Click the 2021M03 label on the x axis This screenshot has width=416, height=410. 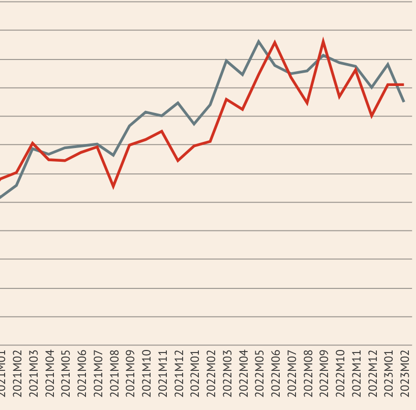point(34,373)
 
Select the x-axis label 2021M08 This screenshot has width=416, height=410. point(114,373)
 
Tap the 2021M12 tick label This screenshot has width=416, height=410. point(179,373)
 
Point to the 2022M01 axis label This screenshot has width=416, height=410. point(195,373)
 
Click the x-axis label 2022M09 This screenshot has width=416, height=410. point(324,373)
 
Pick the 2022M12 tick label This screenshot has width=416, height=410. point(373,373)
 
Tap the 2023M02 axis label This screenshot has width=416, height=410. point(405,373)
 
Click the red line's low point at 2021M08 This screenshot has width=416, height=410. point(113,186)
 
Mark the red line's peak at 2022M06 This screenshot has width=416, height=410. point(275,43)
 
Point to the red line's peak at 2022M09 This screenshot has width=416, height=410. point(323,41)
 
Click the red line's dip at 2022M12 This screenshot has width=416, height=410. point(372,116)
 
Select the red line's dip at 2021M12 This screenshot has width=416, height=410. point(178,160)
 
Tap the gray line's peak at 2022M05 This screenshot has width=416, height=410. point(258,41)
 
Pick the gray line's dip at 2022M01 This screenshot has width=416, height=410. point(194,124)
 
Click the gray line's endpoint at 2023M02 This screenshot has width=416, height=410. point(404,102)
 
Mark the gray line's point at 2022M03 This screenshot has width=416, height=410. point(226,61)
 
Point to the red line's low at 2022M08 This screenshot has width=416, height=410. point(307,103)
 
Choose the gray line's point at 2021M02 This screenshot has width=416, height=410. point(17,185)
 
